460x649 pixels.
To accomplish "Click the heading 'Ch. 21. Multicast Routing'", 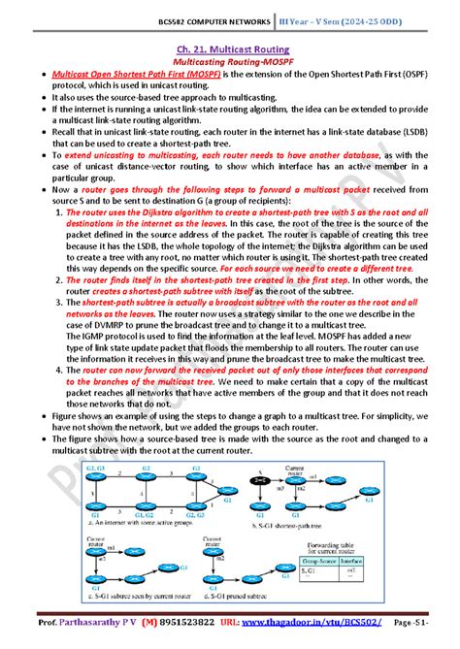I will (x=230, y=47).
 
